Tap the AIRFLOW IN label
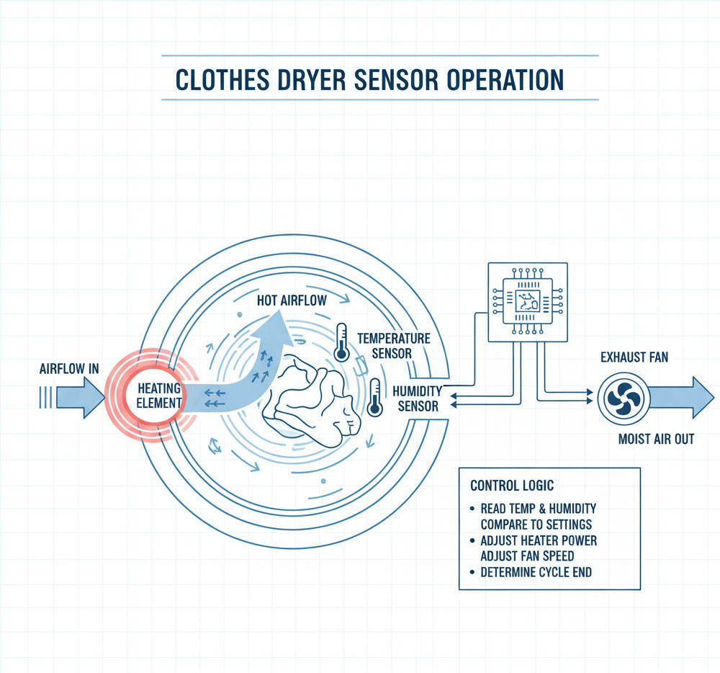[x=68, y=368]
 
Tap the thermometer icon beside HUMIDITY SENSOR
[x=374, y=397]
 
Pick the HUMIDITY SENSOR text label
[x=415, y=397]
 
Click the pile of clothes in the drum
[x=310, y=401]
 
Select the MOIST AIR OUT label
[x=656, y=438]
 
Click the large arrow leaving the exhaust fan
[x=680, y=397]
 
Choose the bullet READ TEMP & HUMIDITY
[x=536, y=508]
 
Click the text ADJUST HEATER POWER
[x=539, y=540]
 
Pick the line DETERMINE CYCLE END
[x=536, y=572]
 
